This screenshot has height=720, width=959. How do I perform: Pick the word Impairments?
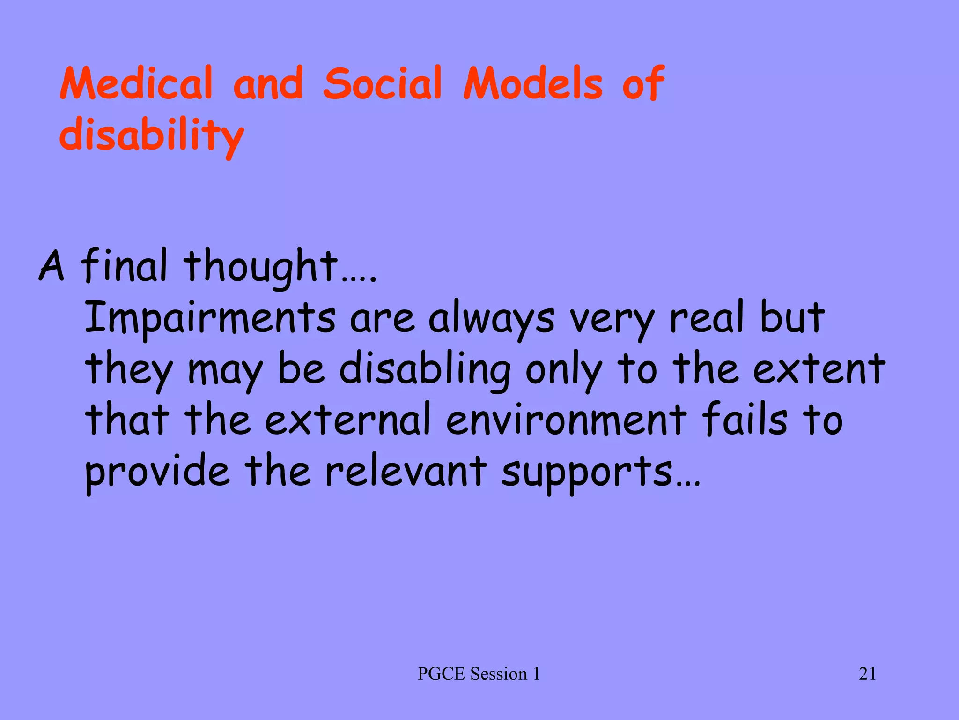pyautogui.click(x=210, y=319)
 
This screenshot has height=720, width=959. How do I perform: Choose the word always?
pyautogui.click(x=491, y=319)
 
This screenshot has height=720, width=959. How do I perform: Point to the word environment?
pyautogui.click(x=566, y=419)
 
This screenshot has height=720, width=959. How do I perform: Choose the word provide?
pyautogui.click(x=157, y=472)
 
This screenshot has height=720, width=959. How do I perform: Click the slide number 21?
pyautogui.click(x=867, y=674)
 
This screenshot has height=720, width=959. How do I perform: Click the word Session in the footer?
pyautogui.click(x=499, y=674)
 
